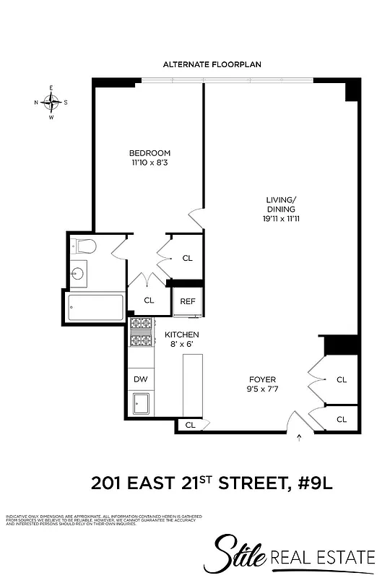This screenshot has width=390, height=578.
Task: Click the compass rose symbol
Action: click(51, 102)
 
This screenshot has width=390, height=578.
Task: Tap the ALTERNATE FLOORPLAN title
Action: click(212, 64)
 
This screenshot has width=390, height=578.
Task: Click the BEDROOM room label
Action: click(149, 153)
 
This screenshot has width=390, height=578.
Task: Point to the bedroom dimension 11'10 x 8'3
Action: click(149, 163)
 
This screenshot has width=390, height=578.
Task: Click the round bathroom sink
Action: click(79, 274)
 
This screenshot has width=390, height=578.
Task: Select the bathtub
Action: click(96, 309)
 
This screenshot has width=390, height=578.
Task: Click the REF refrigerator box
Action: click(188, 302)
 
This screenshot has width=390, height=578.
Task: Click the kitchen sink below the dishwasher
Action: click(141, 403)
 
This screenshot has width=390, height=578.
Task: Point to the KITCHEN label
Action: click(181, 335)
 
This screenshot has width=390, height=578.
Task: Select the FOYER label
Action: click(263, 379)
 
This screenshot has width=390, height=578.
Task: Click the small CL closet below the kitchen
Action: click(190, 426)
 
